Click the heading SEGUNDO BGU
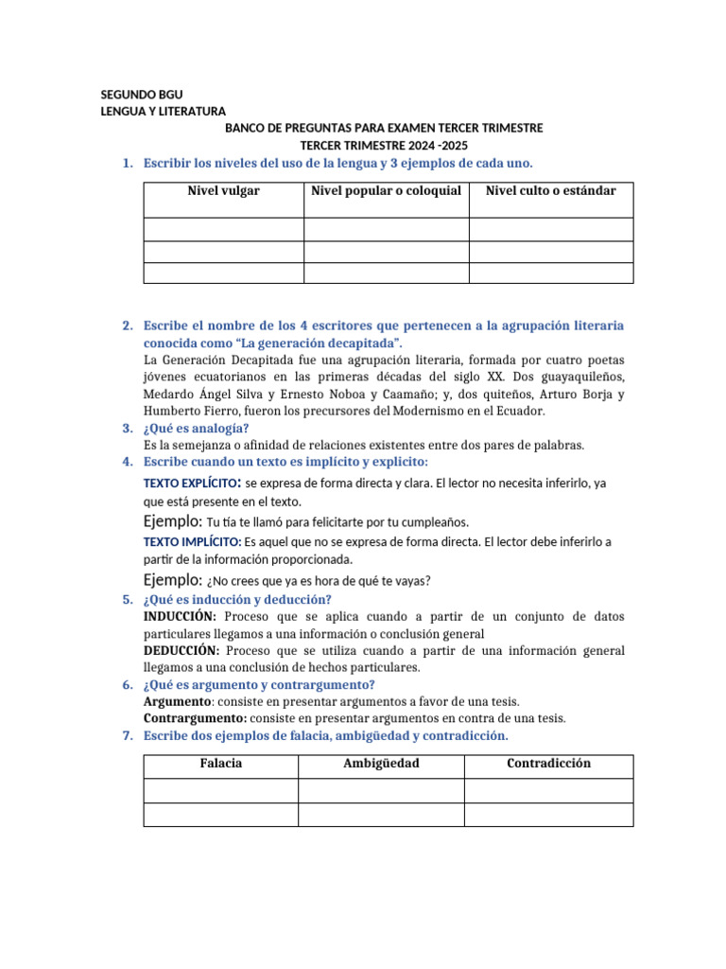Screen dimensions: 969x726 [142, 95]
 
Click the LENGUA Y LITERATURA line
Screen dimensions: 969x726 [164, 112]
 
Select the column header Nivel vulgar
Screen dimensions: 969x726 [223, 191]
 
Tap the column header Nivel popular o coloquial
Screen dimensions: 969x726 [386, 191]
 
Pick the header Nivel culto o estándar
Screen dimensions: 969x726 [550, 191]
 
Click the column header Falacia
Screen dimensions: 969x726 [221, 764]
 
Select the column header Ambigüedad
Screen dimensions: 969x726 [381, 764]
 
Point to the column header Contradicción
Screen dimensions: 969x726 [548, 764]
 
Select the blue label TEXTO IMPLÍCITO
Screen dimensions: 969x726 [192, 542]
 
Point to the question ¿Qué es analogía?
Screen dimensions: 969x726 [196, 429]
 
